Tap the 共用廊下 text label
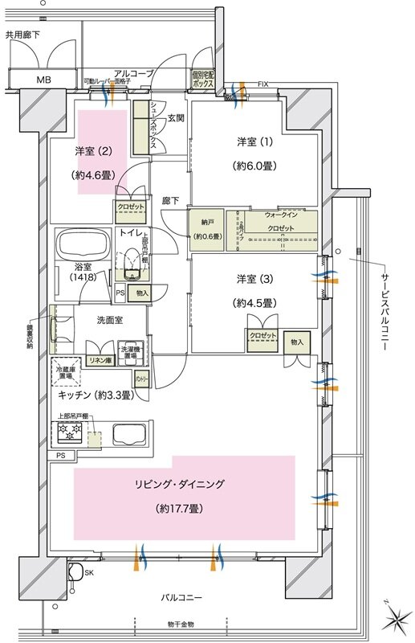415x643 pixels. pyautogui.click(x=22, y=35)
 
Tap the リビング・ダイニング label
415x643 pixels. pyautogui.click(x=185, y=484)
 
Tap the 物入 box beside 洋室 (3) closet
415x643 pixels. pyautogui.click(x=296, y=342)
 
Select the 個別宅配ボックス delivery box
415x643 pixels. pyautogui.click(x=203, y=79)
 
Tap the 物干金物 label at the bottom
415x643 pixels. pyautogui.click(x=181, y=625)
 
